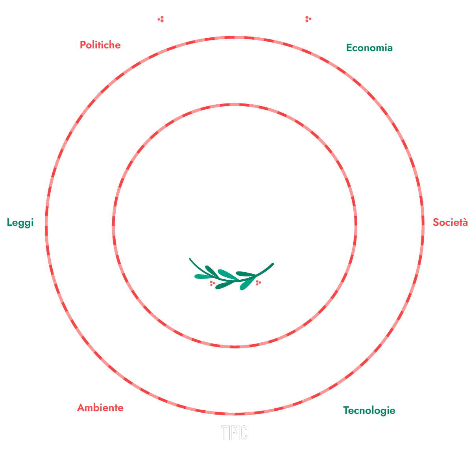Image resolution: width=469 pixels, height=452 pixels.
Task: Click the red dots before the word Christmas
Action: pos(161,19)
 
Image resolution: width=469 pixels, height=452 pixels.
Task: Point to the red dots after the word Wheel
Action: pos(308,19)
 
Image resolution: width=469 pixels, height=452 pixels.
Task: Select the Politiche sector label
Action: pos(100,45)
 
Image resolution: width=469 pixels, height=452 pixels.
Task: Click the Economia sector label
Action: pos(369,48)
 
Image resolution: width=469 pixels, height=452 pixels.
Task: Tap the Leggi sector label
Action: pos(20,223)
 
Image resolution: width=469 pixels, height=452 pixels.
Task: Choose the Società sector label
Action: pos(450,222)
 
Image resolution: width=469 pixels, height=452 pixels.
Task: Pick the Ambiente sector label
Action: pos(100,408)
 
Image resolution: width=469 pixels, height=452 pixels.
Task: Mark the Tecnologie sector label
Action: pos(369,410)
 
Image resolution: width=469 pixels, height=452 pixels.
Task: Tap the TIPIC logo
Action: pos(234,433)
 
